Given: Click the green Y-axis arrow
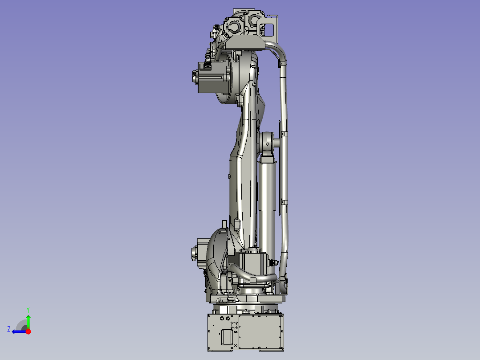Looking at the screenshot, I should tap(28, 321).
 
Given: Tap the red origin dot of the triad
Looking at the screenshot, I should tap(28, 331).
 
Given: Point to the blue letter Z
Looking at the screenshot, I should tap(9, 329).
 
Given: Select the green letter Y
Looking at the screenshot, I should tap(28, 309).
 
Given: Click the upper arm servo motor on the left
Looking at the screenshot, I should tap(210, 78).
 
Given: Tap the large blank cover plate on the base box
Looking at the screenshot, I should tap(260, 332).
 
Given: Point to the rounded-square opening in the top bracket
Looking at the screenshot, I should tap(269, 30).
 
